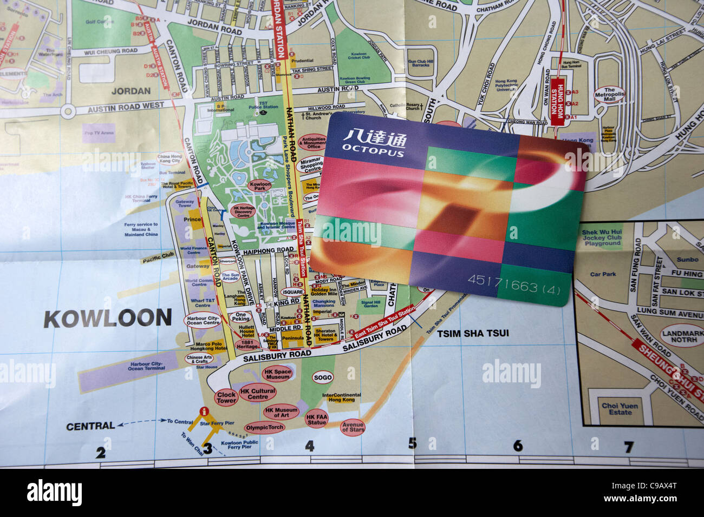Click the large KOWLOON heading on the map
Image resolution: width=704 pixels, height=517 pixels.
107,319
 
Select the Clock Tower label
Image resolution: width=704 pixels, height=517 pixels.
226,398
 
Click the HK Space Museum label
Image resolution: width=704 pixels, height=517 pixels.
278,374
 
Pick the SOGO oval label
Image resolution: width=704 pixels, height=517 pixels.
323,377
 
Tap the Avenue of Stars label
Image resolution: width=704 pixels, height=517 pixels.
353,427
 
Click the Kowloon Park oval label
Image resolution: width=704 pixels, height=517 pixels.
259,187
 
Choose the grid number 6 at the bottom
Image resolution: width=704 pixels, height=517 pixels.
518,446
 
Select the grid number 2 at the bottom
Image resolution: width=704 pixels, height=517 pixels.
101,453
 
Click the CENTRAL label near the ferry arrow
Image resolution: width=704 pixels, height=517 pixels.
90,426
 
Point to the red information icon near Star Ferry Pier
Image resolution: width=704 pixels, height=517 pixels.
204,411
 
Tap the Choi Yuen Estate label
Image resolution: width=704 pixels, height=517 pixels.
620,409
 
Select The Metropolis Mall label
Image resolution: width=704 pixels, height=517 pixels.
610,95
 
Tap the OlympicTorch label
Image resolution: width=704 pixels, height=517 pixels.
264,427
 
